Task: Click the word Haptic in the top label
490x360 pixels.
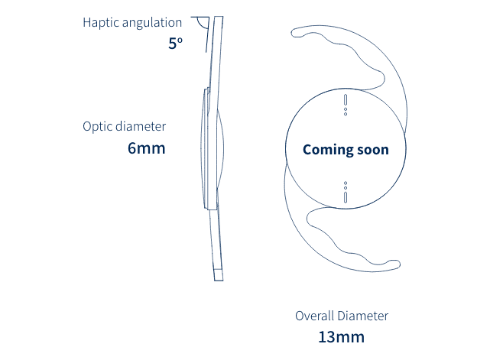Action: (x=99, y=23)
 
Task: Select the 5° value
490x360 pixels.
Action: (x=175, y=44)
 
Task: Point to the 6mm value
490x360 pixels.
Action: (x=146, y=148)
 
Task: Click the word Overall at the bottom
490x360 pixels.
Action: (x=316, y=316)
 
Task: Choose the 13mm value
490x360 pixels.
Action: (x=341, y=336)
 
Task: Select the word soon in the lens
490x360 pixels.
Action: (x=371, y=150)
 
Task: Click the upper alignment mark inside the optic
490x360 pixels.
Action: (x=346, y=105)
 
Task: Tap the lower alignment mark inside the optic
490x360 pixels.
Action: (x=346, y=192)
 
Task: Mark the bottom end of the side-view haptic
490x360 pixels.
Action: (x=219, y=275)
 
